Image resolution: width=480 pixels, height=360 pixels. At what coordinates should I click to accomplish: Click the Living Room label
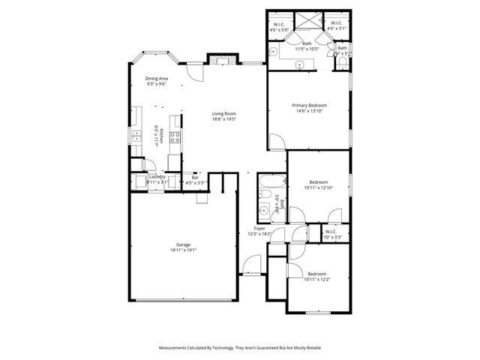pos(223,113)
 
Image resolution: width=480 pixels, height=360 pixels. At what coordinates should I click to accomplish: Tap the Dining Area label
pos(156,78)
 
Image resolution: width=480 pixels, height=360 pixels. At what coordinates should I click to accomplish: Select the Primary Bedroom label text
pos(309,106)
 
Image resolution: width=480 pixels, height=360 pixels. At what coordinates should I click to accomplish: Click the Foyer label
pos(259,228)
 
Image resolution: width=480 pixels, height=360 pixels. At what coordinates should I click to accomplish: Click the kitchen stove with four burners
pos(175,137)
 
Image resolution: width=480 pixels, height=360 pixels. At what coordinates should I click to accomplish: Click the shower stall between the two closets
pos(307,21)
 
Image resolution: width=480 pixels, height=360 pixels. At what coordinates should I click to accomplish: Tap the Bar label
pos(194,177)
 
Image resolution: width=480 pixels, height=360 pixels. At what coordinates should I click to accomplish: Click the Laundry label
pos(157,176)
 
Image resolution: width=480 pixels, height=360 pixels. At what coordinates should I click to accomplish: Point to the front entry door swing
pos(252,265)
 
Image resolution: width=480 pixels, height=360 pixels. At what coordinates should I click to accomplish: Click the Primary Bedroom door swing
pos(276,142)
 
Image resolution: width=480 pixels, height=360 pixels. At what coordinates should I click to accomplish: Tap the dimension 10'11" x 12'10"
pos(318,187)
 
